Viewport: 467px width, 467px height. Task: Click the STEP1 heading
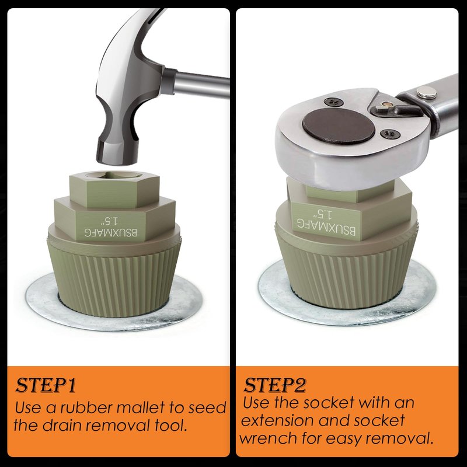(x=46, y=385)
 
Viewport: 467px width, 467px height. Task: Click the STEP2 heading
(x=275, y=385)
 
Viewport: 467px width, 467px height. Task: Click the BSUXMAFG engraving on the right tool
(x=326, y=226)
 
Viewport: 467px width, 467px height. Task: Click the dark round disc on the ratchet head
(x=339, y=126)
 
